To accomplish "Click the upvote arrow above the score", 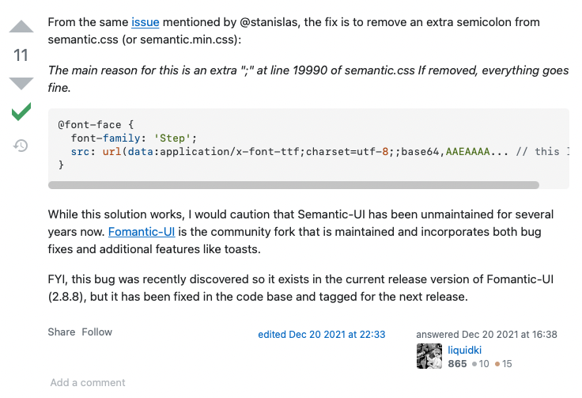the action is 21,26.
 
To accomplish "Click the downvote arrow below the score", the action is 21,82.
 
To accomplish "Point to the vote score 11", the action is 21,55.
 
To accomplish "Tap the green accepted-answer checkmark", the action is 21,112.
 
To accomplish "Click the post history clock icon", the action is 21,146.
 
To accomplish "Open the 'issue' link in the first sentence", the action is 145,23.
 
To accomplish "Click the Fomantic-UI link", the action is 142,232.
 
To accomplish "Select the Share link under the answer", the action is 61,332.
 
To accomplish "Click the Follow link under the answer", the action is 97,332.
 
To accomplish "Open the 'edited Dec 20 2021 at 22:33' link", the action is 321,335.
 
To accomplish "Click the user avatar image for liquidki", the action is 429,356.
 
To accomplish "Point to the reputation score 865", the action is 457,364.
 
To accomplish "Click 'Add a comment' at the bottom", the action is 88,383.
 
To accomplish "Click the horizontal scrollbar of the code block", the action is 293,184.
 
